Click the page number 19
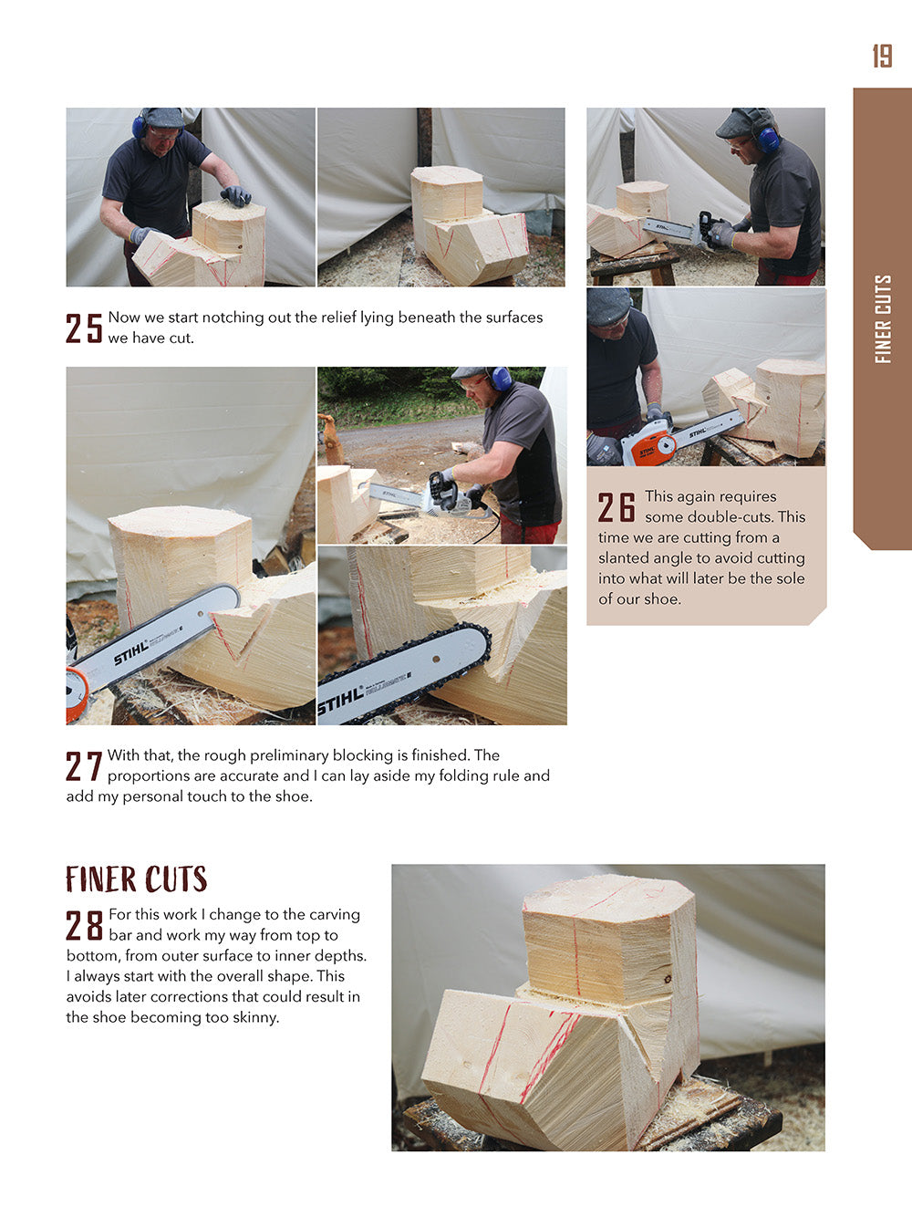(882, 56)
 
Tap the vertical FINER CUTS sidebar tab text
(883, 318)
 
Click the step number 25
(84, 328)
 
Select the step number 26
(617, 507)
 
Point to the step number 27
(83, 766)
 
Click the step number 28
(84, 925)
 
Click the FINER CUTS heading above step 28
(136, 879)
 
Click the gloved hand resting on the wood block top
(235, 194)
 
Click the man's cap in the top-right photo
(741, 121)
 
